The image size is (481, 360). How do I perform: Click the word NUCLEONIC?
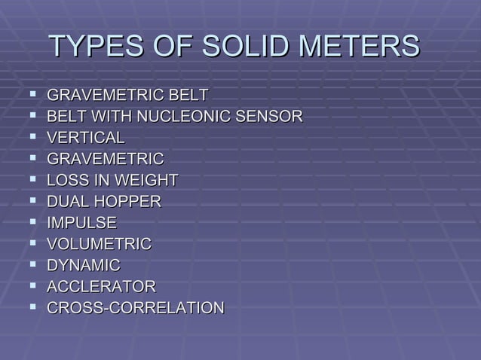[189, 117]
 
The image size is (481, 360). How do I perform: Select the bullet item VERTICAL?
[85, 138]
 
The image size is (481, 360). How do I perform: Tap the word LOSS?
[69, 181]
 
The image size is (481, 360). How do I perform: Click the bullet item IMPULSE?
[81, 223]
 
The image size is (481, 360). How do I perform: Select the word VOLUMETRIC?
[99, 244]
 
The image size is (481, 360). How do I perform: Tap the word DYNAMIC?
[83, 265]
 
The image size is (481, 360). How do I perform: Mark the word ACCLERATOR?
[101, 287]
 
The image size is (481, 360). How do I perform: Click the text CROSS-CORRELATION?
[135, 308]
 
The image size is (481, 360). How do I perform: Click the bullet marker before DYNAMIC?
[33, 264]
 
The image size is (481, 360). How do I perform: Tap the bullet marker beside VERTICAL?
[33, 137]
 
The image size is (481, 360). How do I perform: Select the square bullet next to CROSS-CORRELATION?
[33, 307]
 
